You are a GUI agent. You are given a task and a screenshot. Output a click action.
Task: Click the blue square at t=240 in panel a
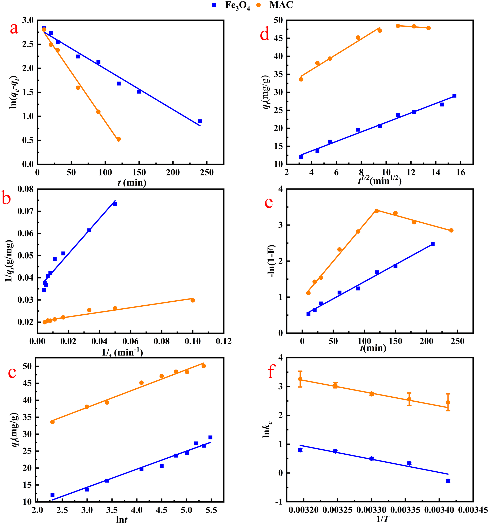200,121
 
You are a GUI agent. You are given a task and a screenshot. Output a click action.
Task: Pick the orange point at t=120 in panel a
119,139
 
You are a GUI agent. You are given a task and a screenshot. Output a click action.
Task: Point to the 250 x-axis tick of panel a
207,173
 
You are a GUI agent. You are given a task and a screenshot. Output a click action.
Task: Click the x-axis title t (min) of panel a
132,182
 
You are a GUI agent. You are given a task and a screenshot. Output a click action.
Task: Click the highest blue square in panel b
115,204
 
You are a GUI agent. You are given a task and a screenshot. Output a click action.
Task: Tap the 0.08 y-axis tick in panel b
26,189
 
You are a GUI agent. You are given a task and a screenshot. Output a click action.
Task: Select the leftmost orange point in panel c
52,422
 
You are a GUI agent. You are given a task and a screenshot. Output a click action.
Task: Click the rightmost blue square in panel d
454,96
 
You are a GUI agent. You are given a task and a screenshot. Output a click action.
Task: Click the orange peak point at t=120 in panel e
377,211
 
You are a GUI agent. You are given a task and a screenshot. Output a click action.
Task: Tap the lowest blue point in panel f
448,481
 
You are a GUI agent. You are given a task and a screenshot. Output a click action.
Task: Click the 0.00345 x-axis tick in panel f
473,510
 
